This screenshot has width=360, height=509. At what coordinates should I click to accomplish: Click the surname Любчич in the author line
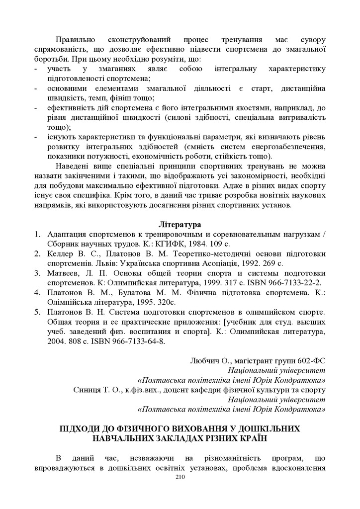coord(205,360)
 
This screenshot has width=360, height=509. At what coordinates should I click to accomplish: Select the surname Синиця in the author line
coord(88,390)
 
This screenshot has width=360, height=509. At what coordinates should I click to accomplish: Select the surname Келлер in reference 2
coord(60,254)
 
